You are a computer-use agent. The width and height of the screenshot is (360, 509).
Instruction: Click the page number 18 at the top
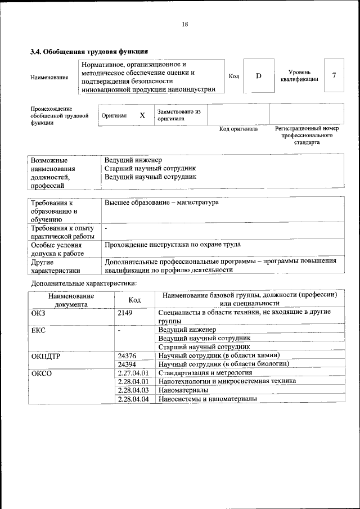[184, 24]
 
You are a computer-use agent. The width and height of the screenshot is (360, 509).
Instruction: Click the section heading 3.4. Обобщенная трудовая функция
[88, 52]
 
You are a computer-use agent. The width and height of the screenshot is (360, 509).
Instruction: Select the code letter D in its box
[258, 75]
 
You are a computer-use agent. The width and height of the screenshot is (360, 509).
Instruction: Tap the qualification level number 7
[335, 75]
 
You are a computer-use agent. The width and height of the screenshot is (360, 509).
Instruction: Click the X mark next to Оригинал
[142, 115]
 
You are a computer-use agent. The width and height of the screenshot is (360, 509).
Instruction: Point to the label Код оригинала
[238, 129]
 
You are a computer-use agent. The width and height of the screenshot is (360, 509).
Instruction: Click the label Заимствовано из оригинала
[179, 115]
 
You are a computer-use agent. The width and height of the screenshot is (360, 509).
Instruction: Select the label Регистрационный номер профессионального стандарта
[307, 136]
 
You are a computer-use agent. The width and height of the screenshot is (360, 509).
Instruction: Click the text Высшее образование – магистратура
[161, 202]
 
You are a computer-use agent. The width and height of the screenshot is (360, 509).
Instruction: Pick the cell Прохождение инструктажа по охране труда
[173, 245]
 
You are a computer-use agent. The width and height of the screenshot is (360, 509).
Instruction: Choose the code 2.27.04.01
[133, 373]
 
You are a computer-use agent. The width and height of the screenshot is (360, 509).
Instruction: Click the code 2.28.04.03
[133, 390]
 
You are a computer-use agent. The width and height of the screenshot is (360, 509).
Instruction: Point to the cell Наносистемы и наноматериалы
[208, 399]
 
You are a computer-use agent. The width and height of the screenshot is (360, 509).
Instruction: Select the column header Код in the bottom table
[134, 300]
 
